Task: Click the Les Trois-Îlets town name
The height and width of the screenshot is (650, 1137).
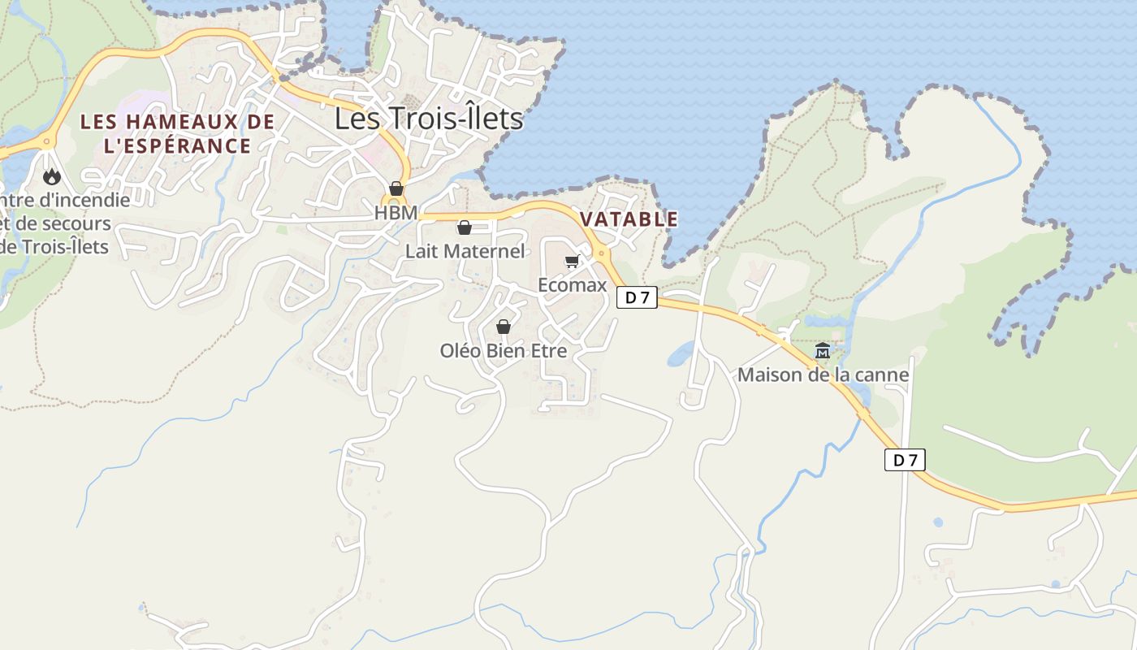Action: tap(429, 119)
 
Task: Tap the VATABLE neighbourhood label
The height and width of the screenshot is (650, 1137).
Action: tap(629, 219)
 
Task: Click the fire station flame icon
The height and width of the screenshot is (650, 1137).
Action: tap(52, 176)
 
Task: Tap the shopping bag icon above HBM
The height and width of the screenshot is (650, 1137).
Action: tap(396, 188)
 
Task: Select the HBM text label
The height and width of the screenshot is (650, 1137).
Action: tap(396, 213)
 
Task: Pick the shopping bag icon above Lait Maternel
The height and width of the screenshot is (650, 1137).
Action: tap(465, 227)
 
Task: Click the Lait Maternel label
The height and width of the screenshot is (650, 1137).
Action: tap(465, 252)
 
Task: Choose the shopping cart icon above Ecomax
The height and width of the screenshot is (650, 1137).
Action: tap(572, 261)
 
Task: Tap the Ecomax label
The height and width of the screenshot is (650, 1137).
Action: tap(573, 285)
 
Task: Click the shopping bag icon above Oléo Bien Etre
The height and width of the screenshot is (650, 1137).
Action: tap(504, 327)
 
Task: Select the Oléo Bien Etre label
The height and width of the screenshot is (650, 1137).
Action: tap(504, 351)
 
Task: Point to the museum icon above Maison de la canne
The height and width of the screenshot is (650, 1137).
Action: tap(823, 351)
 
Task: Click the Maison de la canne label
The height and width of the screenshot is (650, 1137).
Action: tap(823, 375)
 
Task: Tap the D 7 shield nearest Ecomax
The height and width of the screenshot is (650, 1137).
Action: tap(637, 297)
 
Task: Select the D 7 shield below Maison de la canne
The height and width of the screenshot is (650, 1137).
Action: tap(905, 460)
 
